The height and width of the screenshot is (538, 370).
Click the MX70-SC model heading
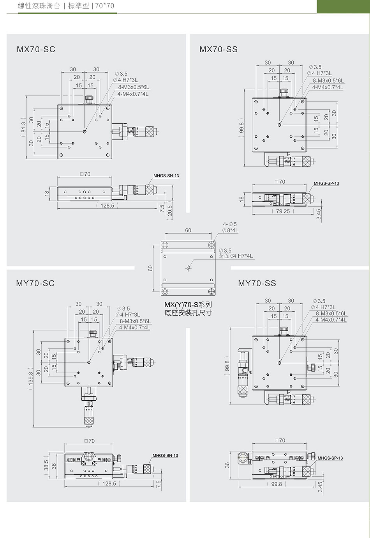[x=36, y=49]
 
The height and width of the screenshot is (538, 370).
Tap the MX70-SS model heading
[x=218, y=49]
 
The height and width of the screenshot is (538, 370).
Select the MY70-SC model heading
[x=35, y=283]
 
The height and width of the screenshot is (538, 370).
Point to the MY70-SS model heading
[x=257, y=283]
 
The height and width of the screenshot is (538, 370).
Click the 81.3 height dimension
[x=23, y=127]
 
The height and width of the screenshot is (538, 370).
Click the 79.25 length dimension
[x=283, y=211]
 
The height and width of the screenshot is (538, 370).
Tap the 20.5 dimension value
[x=169, y=211]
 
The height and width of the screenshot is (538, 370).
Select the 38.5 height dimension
[x=46, y=465]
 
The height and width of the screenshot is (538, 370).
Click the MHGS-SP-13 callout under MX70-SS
[x=326, y=183]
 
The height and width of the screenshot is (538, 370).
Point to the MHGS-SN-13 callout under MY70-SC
[x=165, y=455]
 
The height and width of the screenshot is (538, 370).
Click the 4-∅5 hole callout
[x=230, y=224]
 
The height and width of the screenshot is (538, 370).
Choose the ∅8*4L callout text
[x=230, y=231]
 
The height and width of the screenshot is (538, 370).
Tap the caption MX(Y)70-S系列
[x=188, y=305]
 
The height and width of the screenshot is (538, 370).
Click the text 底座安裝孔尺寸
[x=188, y=313]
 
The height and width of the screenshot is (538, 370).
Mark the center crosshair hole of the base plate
[x=189, y=268]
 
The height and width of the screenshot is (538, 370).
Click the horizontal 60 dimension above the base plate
[x=188, y=230]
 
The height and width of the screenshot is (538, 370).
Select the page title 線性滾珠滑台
[x=39, y=5]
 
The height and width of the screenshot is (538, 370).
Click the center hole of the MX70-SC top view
[x=85, y=131]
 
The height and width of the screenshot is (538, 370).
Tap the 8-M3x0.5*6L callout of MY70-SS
[x=331, y=313]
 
